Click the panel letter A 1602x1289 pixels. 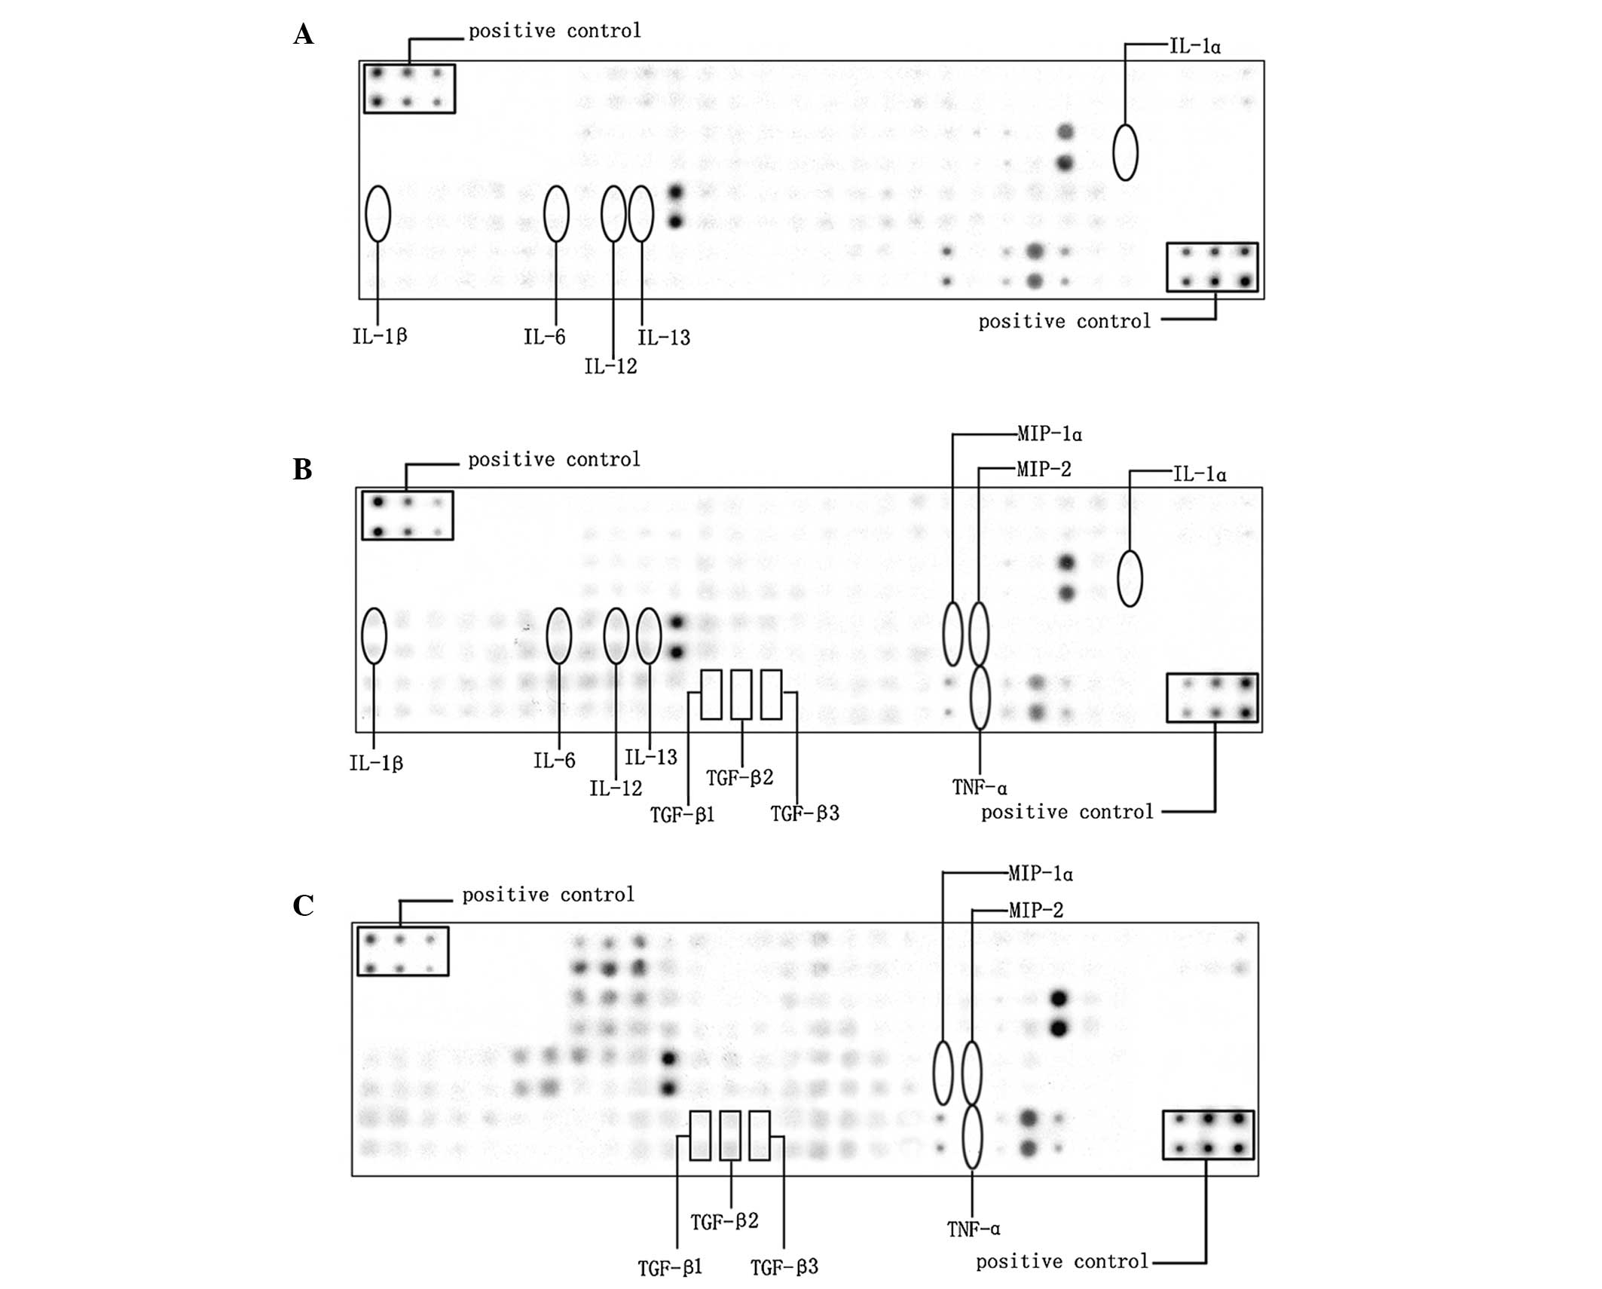coord(304,35)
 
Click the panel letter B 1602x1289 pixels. coord(303,470)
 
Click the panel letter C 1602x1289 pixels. coord(303,905)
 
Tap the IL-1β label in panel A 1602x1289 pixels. coord(380,336)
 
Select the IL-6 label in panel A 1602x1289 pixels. coord(544,337)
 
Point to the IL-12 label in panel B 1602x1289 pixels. coord(616,788)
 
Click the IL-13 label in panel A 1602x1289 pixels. coord(664,338)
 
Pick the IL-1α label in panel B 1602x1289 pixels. coord(1200,474)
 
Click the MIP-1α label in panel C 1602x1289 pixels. coord(1041,874)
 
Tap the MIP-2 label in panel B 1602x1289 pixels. coord(1044,470)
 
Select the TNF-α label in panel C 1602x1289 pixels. coord(974,1229)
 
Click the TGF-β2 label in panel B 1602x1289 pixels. coord(739,778)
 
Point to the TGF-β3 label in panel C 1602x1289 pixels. coord(784,1267)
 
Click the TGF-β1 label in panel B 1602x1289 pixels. coord(682,815)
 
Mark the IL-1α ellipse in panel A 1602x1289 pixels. coord(1125,152)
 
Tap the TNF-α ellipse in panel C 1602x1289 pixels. coord(972,1137)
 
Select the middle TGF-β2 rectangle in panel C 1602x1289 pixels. coord(730,1135)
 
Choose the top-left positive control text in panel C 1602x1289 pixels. coord(548,895)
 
